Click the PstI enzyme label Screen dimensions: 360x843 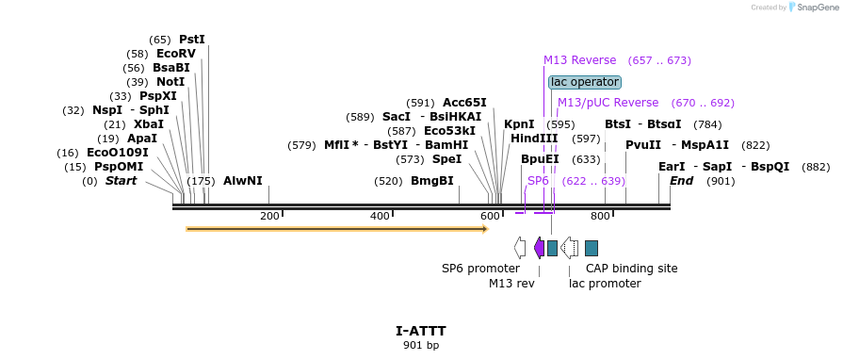click(x=191, y=40)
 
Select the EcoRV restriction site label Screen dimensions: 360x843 click(x=176, y=54)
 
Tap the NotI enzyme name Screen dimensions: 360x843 click(x=170, y=82)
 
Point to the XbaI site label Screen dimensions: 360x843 click(x=148, y=124)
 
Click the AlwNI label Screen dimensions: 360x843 click(x=243, y=181)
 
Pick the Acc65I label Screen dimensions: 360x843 click(x=464, y=103)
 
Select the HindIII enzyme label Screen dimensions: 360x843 click(x=534, y=139)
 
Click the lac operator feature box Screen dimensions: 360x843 click(x=585, y=82)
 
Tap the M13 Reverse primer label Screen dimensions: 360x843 click(x=579, y=60)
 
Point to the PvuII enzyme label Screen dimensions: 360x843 click(x=643, y=145)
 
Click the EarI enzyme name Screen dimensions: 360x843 click(x=672, y=167)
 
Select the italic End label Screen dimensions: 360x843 click(x=681, y=181)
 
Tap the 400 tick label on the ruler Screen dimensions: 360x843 click(x=380, y=217)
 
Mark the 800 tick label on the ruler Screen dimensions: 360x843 click(x=600, y=217)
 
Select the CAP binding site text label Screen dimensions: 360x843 click(x=631, y=269)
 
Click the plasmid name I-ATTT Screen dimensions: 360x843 click(x=421, y=331)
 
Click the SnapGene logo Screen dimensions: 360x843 click(x=816, y=8)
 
